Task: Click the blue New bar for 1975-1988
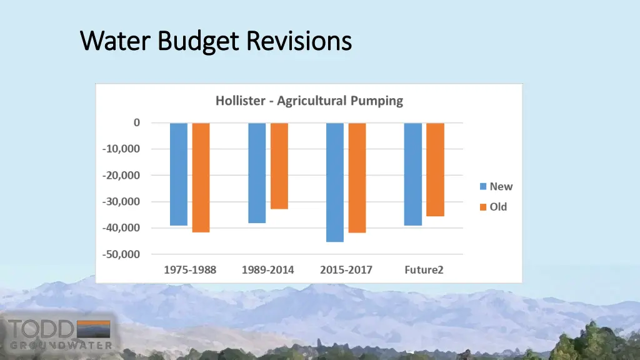[x=179, y=174]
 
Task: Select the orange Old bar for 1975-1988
[x=201, y=177]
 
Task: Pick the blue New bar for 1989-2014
[x=257, y=172]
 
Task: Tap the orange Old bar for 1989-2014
[x=279, y=166]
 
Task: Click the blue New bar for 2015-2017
[x=335, y=182]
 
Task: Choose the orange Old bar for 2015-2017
[x=357, y=177]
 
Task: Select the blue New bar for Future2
[x=413, y=174]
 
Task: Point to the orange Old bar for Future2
[x=435, y=169]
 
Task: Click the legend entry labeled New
[x=496, y=186]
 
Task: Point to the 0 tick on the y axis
[x=137, y=122]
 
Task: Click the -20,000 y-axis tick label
[x=122, y=175]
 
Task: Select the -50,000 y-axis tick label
[x=122, y=254]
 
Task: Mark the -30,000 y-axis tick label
[x=122, y=201]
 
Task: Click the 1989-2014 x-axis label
[x=268, y=270]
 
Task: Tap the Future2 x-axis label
[x=424, y=270]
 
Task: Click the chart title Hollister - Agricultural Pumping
[x=309, y=101]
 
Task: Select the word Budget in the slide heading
[x=197, y=41]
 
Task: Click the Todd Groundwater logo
[x=60, y=334]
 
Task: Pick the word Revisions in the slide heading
[x=298, y=41]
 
